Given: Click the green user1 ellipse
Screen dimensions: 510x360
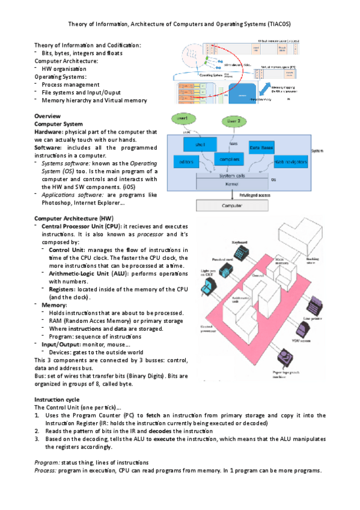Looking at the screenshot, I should tap(184, 118).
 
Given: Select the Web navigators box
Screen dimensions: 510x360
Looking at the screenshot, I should tap(291, 162).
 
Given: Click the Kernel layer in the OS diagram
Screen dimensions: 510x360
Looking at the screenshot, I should tap(231, 184).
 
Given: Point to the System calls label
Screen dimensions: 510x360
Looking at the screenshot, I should tap(231, 176).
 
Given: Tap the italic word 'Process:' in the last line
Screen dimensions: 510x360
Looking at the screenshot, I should tap(46, 470).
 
